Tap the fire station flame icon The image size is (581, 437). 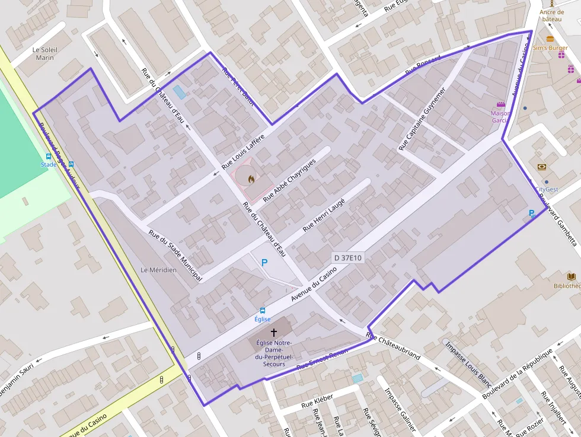point(251,177)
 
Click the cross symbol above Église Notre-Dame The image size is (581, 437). point(273,333)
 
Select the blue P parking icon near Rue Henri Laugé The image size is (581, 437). point(264,261)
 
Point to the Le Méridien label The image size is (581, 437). point(158,270)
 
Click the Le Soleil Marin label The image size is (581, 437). point(44,53)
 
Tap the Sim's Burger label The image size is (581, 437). point(550,48)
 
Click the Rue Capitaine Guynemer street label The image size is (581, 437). point(422,119)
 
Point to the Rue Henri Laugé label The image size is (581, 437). point(324,214)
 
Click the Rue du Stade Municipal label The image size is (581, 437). point(175,256)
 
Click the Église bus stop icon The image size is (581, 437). point(263,310)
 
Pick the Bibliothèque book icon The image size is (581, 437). point(572,276)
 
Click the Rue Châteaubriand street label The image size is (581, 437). point(393,346)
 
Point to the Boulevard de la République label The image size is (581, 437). point(518,373)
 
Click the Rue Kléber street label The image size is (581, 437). point(317,401)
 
